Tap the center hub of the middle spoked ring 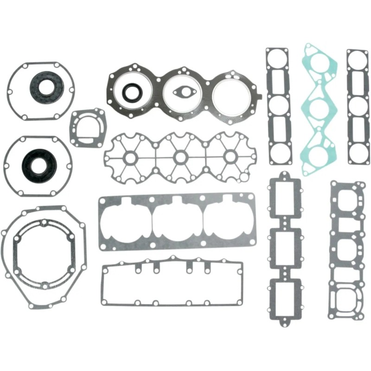coord(179,158)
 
